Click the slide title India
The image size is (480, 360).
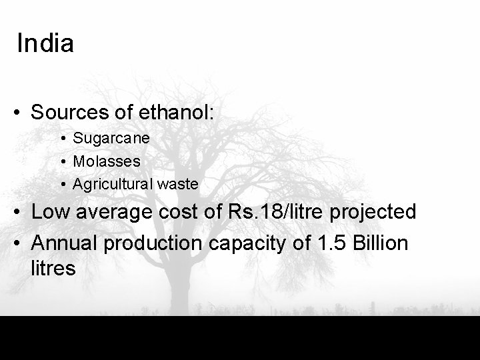45,44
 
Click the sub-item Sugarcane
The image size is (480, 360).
111,139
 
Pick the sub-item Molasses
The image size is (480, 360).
107,161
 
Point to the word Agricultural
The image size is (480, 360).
113,183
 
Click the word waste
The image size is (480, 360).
178,183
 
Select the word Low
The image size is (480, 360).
49,212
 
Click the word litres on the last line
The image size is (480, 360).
53,269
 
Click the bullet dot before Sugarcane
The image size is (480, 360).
61,139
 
